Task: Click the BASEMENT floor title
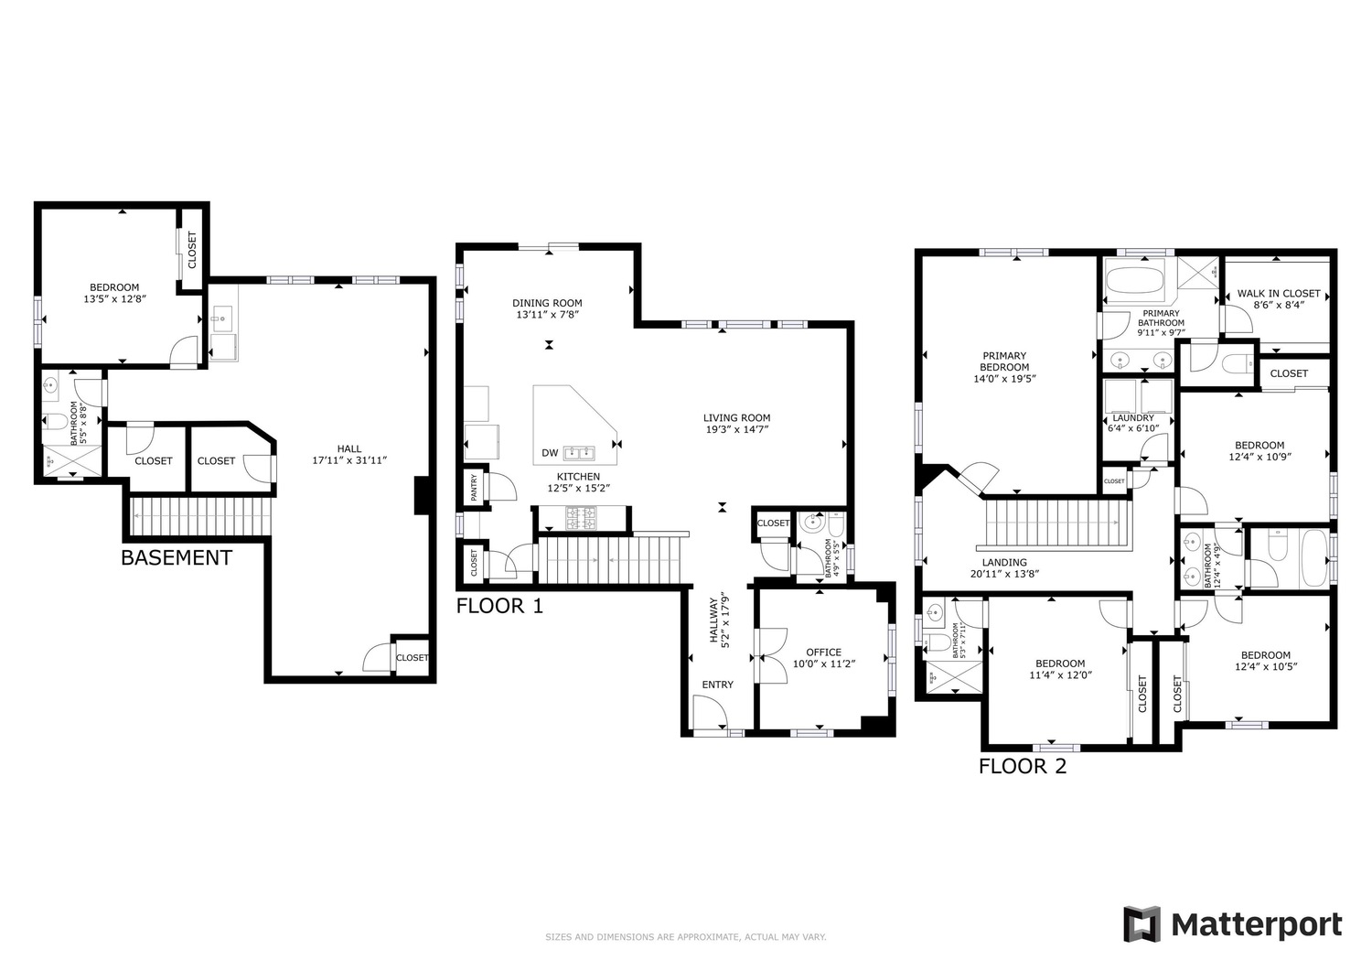(177, 558)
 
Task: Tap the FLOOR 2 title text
(1023, 766)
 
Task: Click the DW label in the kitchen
(550, 453)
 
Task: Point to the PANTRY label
(474, 488)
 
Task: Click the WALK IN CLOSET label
(1279, 294)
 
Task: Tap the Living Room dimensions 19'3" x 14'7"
(737, 430)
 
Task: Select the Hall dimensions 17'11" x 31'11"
(349, 460)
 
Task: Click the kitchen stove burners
(580, 517)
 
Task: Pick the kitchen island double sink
(579, 454)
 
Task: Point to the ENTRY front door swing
(711, 713)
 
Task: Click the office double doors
(772, 656)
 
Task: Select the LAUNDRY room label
(1132, 418)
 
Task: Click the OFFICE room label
(824, 653)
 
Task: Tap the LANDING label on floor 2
(1004, 562)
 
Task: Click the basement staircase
(201, 516)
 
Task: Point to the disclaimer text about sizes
(686, 936)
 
